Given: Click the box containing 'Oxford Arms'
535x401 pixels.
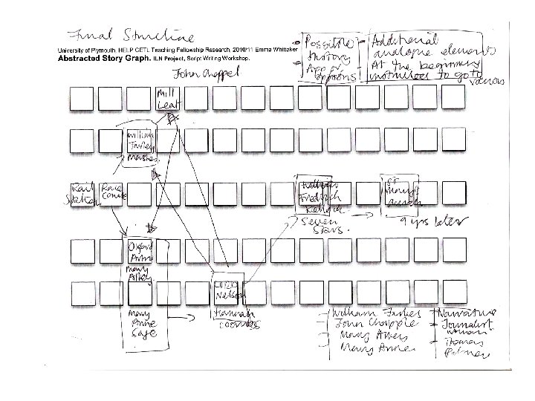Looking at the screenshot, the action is tap(139, 252).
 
